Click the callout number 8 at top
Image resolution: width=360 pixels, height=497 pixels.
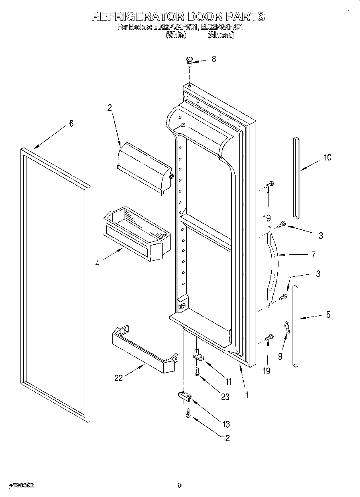[x=214, y=59]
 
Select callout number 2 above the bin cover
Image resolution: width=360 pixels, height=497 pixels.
[x=109, y=108]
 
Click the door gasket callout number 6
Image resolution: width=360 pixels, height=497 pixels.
[x=71, y=124]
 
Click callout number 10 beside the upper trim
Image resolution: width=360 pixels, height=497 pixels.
[x=327, y=158]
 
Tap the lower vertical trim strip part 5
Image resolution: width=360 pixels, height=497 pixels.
[x=295, y=326]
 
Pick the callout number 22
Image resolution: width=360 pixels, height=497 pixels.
[x=118, y=378]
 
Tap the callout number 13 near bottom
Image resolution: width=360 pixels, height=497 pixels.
[x=226, y=424]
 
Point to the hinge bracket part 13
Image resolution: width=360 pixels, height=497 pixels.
[x=185, y=396]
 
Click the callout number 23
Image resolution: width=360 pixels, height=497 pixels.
[x=225, y=397]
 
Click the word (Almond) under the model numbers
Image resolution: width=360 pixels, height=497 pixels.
[x=220, y=35]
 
